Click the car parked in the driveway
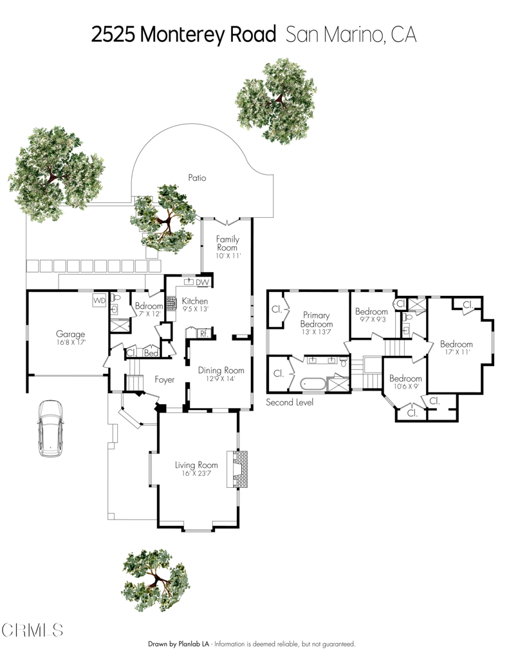[x=50, y=428]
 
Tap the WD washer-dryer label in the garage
[x=99, y=301]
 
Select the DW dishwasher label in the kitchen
[x=203, y=282]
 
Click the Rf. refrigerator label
[x=203, y=333]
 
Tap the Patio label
[x=197, y=178]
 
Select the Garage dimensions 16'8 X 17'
[x=70, y=343]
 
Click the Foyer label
[x=165, y=380]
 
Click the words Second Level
[x=290, y=402]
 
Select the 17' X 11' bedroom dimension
[x=456, y=352]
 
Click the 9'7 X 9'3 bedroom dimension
[x=371, y=320]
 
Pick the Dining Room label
[x=221, y=370]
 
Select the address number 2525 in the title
[x=114, y=35]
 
